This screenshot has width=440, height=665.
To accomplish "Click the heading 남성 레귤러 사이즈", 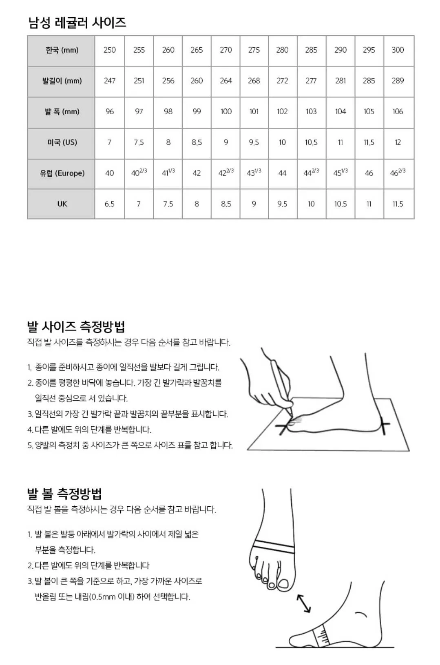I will coord(77,22).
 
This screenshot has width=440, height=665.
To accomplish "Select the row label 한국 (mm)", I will coord(62,50).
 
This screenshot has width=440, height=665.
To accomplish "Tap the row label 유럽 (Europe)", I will coord(62,173).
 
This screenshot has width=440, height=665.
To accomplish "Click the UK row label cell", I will coord(62,204).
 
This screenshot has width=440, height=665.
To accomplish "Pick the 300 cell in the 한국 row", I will coord(398,50).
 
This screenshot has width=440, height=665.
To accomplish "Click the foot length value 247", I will coord(109,81).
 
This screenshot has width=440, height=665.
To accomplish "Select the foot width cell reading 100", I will coord(226,111).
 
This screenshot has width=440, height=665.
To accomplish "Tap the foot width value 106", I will coord(398,111).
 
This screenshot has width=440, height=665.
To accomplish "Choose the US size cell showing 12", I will coord(398,142).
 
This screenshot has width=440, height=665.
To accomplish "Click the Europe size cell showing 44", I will coord(282,173).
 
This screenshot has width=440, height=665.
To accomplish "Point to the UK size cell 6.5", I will coord(109,204).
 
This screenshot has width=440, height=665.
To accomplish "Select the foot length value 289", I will coord(398,81).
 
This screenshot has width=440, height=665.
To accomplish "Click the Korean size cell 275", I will coord(254,50).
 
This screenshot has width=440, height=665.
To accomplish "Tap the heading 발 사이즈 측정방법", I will coord(76,326).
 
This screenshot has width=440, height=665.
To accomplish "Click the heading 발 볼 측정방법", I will coord(64,494).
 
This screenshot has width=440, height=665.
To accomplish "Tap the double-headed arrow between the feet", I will coord(304,603).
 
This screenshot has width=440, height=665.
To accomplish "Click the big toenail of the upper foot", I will coord(283,585).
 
